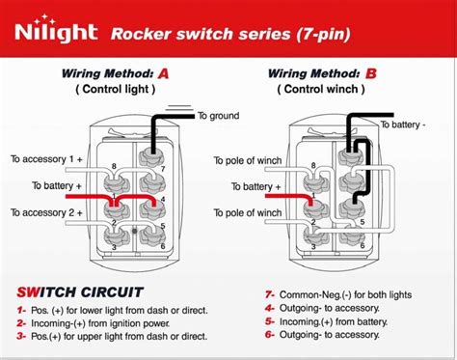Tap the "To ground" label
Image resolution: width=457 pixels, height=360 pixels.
218,116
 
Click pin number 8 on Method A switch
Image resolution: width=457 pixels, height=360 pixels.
114,166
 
